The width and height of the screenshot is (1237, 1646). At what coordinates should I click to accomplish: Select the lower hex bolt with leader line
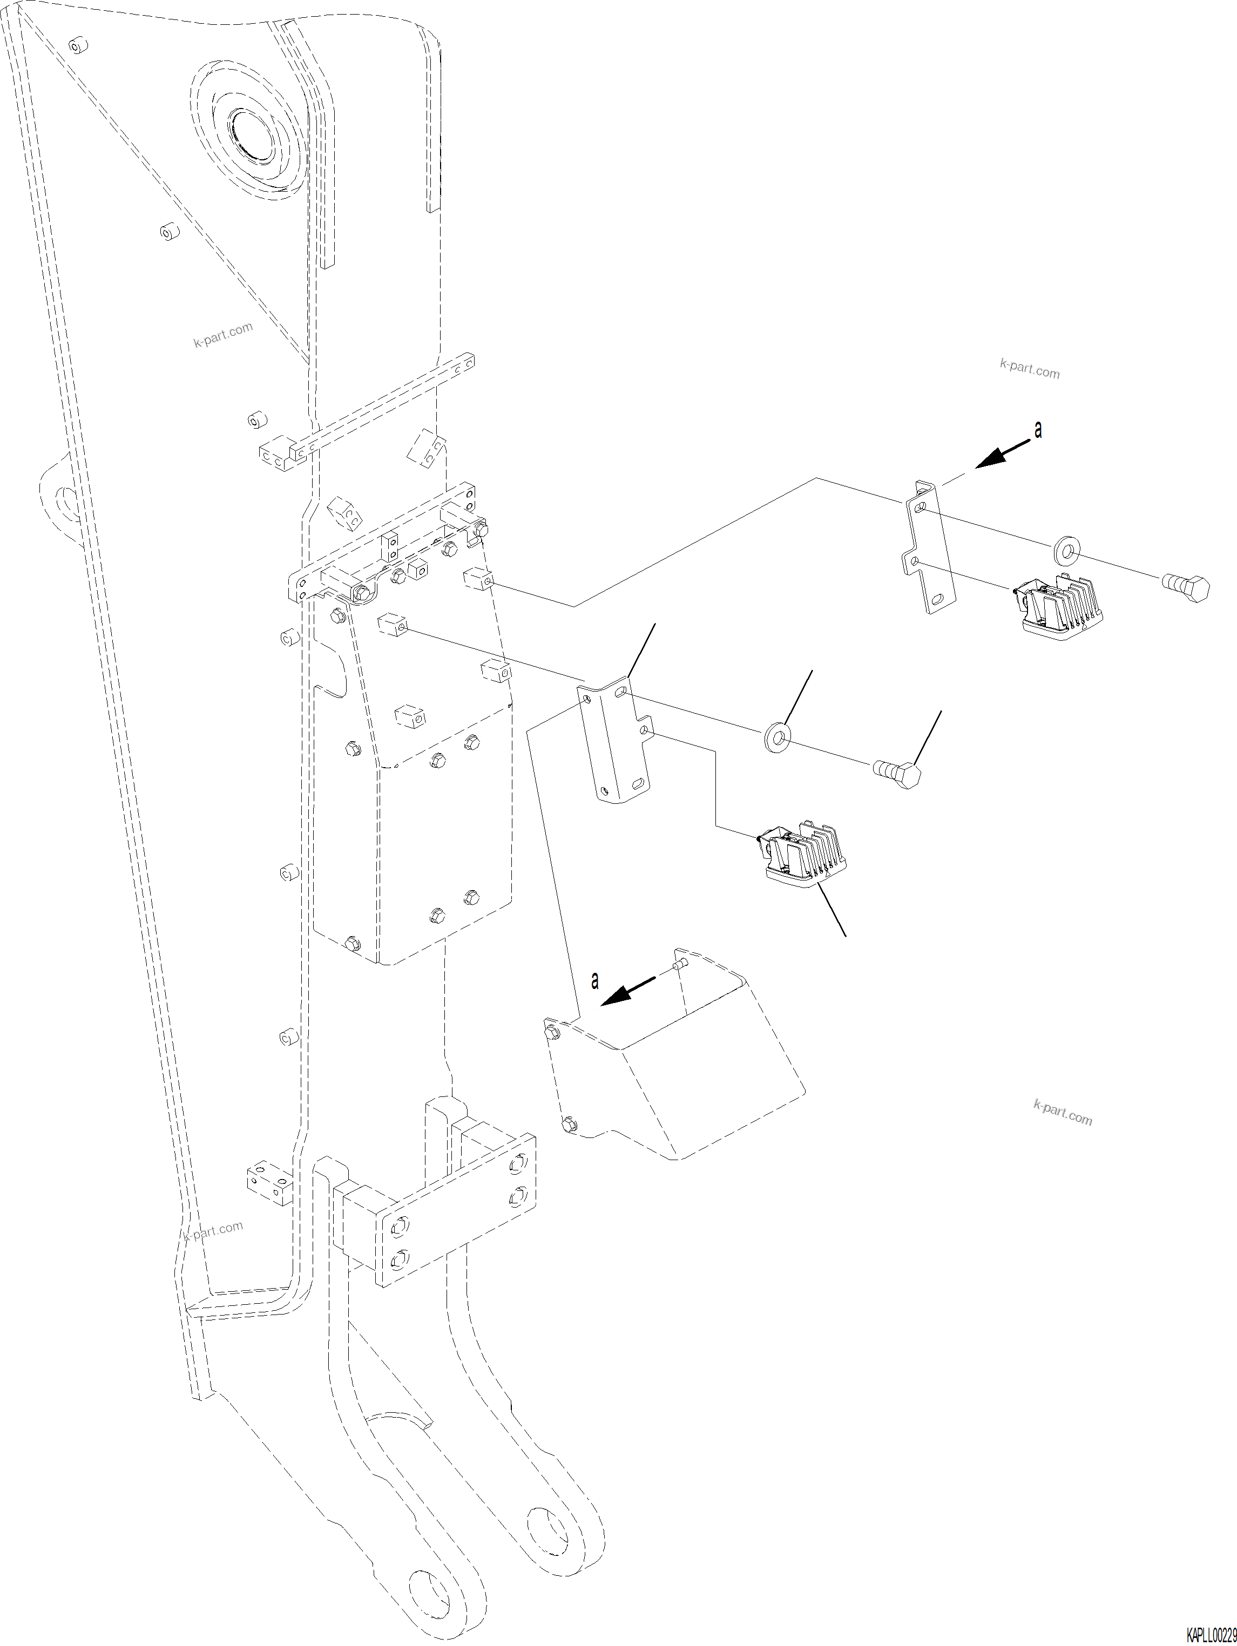pos(899,775)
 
